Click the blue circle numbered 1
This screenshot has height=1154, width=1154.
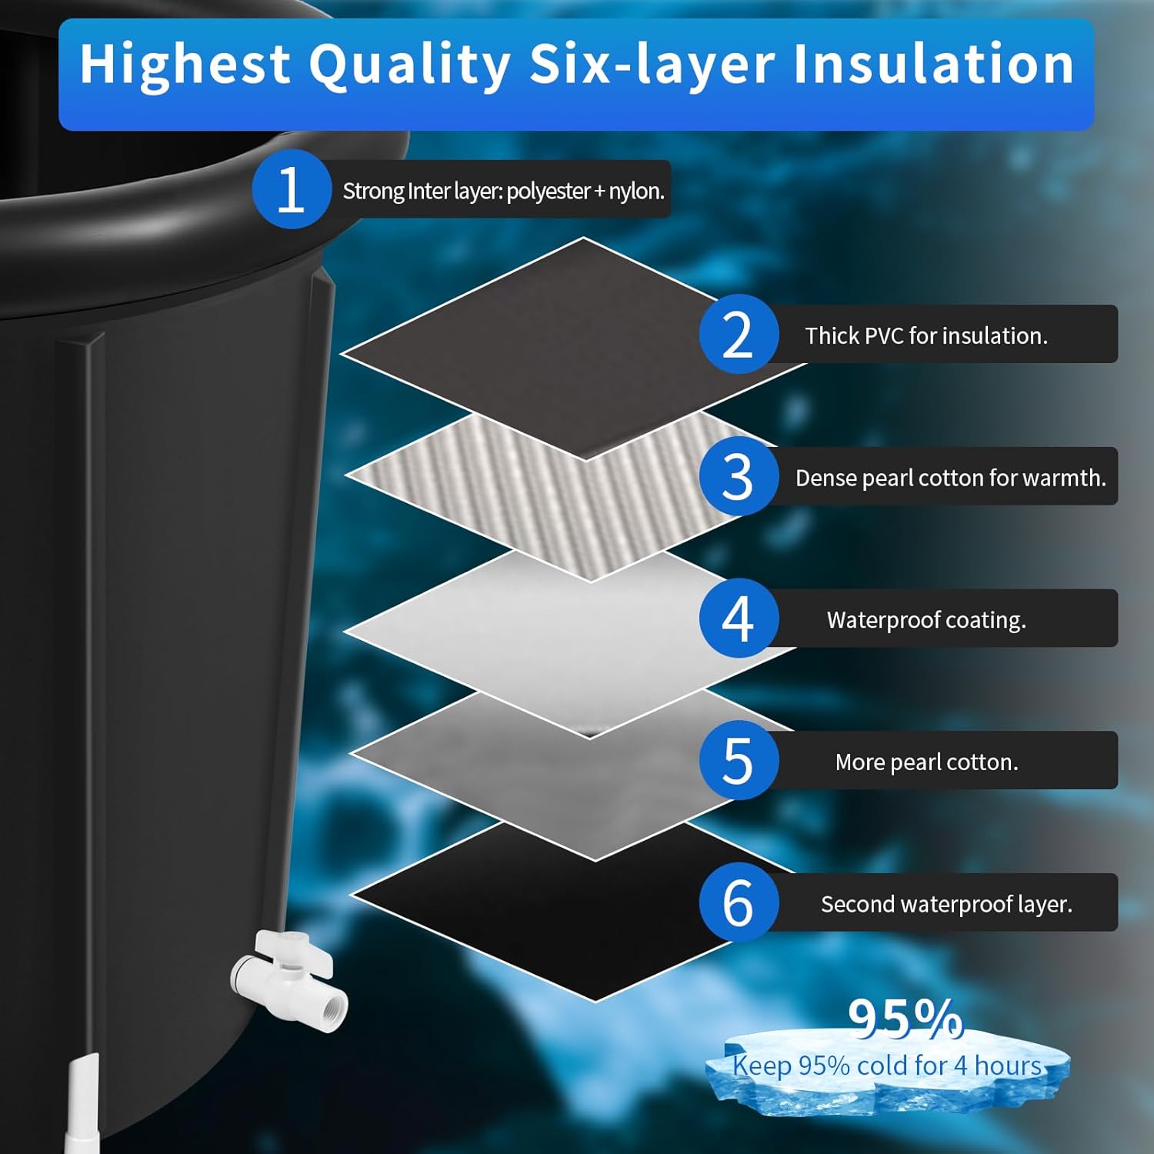(x=291, y=189)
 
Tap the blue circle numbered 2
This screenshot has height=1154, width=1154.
(x=738, y=334)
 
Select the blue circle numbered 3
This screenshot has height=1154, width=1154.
(x=738, y=476)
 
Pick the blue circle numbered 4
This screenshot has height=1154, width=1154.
(x=738, y=619)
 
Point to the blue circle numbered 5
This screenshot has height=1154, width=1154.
(x=738, y=760)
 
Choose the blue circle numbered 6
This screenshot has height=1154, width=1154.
(x=738, y=902)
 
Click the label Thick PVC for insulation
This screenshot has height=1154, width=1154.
(x=926, y=335)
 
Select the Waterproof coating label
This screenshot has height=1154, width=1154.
(x=926, y=619)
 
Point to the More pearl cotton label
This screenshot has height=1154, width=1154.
(x=926, y=762)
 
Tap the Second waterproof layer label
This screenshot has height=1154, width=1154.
(x=946, y=904)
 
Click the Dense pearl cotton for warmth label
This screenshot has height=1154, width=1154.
(x=950, y=478)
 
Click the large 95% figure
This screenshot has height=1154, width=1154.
(x=905, y=1018)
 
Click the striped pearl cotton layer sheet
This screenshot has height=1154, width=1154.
(x=539, y=492)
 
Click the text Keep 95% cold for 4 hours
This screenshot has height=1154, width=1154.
(x=887, y=1066)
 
